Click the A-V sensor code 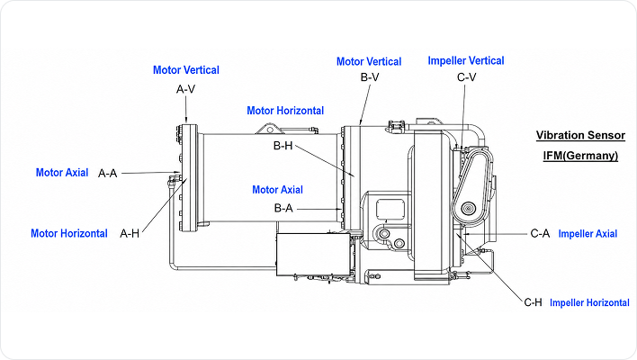coord(185,89)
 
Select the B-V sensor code coord(370,76)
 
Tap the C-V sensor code coord(466,76)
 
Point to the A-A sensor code coord(108,174)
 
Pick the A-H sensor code coord(130,233)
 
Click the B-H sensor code coord(283,146)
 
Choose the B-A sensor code coord(283,208)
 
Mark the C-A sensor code coord(540,234)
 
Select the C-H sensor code coord(533,302)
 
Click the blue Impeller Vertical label coord(466,60)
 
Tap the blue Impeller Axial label coord(588,234)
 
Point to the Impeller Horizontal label coord(589,302)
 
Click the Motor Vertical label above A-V coord(186,70)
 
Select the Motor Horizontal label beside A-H coord(69,233)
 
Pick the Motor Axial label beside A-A coord(62,172)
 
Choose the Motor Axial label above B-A coord(277,190)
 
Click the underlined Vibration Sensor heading coord(580,135)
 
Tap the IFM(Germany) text coord(580,156)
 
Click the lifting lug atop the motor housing coord(269,129)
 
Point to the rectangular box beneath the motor coord(313,255)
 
